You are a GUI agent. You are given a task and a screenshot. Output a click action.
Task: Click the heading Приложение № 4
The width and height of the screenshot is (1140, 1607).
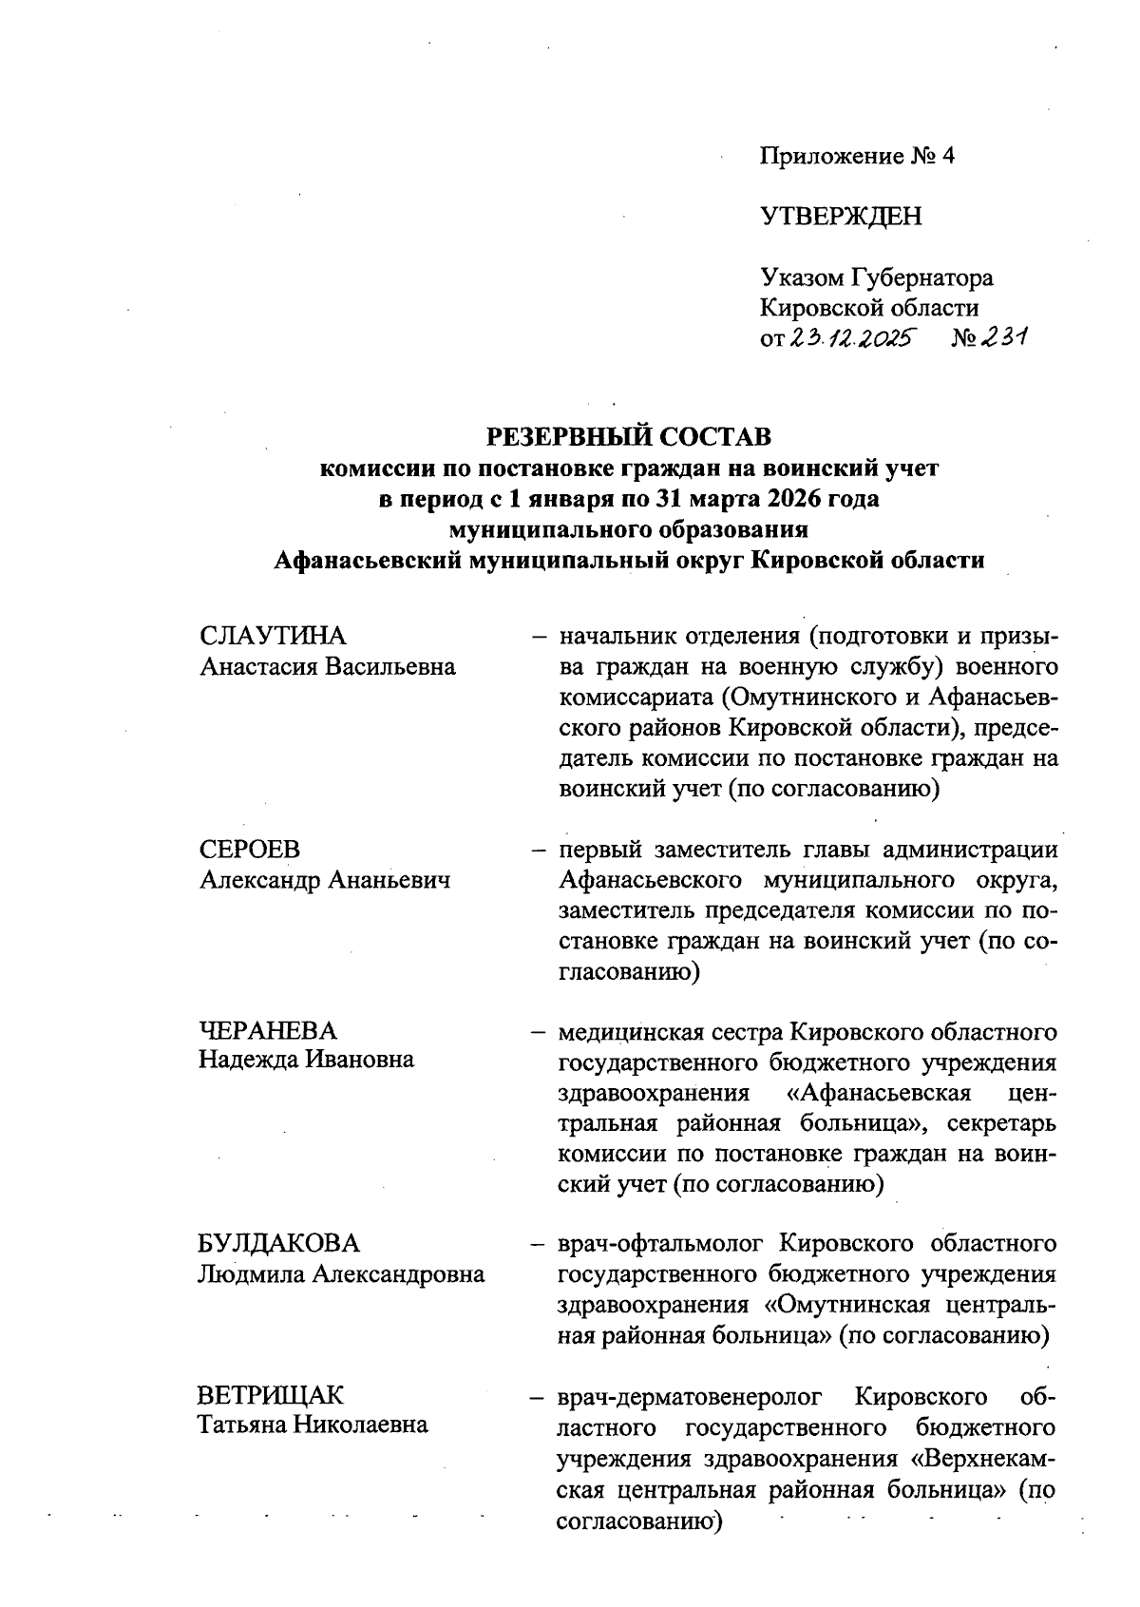(x=857, y=156)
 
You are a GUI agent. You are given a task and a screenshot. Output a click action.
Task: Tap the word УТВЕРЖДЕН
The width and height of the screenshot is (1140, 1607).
(x=841, y=217)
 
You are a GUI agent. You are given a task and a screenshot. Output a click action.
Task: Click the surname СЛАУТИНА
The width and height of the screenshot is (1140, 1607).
(x=273, y=636)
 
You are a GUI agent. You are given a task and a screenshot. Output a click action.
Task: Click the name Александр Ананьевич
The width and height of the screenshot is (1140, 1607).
(x=324, y=880)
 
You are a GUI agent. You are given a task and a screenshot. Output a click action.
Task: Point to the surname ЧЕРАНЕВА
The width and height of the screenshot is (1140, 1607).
(x=268, y=1030)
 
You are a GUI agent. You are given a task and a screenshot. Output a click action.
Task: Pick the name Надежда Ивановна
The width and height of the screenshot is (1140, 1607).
(x=306, y=1060)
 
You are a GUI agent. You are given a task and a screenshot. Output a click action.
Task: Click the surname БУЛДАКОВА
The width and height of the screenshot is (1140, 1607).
(x=279, y=1244)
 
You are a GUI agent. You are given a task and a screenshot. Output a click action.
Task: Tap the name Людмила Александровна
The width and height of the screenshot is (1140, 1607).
(x=341, y=1274)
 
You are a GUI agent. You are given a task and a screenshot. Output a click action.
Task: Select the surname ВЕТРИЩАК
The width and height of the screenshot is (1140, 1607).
(x=271, y=1396)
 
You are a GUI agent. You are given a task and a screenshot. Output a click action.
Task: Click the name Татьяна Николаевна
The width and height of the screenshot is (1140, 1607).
(x=313, y=1425)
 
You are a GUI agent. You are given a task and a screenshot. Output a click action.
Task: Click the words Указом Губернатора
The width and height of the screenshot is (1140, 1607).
(x=876, y=278)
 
